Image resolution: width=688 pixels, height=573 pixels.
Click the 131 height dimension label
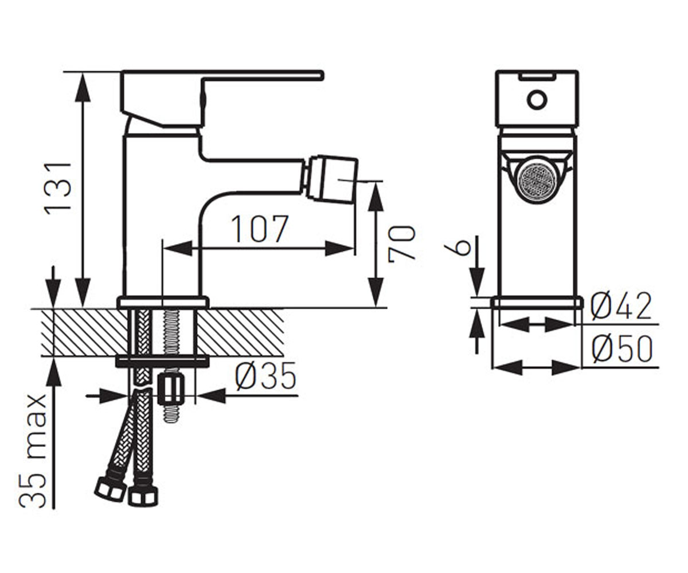pos(58,188)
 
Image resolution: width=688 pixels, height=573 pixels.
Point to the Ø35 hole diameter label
pos(265,376)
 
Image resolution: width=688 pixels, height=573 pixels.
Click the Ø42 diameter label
pos(621,306)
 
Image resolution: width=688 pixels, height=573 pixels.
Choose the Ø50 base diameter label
pos(621,348)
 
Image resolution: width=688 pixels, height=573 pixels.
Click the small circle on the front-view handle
pos(537,100)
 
